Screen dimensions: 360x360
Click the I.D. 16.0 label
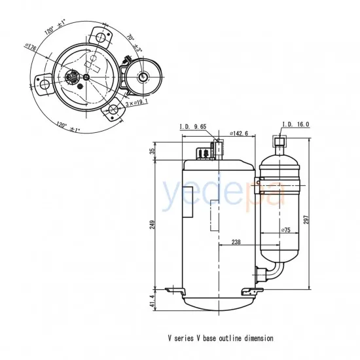coord(295,124)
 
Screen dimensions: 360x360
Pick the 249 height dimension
coord(153,224)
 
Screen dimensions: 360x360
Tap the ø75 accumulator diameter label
coord(286,230)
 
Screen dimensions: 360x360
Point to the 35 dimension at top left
coord(153,151)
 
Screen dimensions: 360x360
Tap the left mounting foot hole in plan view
coord(44,83)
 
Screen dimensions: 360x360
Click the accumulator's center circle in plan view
coord(143,77)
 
